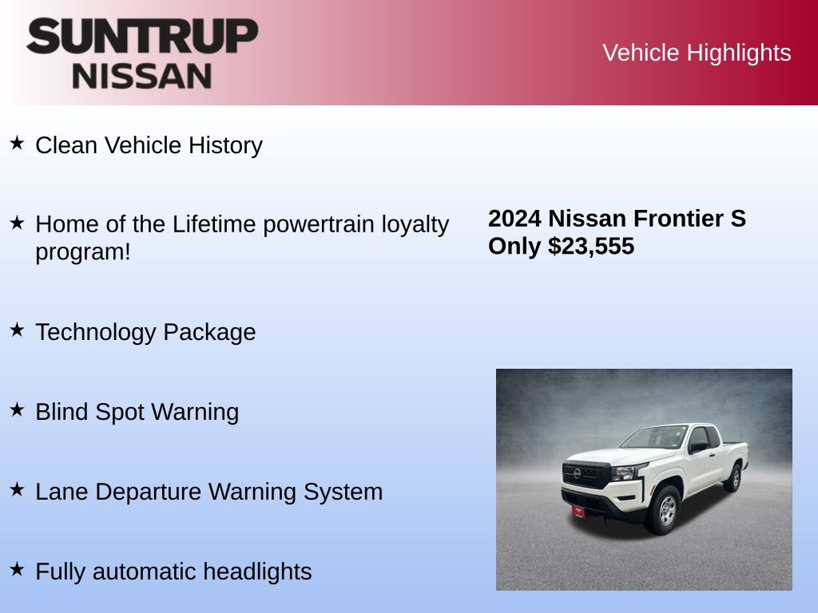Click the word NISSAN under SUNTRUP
point(142,76)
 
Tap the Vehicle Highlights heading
point(697,53)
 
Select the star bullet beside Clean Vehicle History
point(18,143)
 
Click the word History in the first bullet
point(225,145)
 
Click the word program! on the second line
point(83,252)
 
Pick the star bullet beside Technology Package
point(18,330)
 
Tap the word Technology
point(96,333)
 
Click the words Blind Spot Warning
point(137,412)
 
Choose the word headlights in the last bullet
point(257,571)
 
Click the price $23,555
point(591,247)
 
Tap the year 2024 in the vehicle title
point(514,219)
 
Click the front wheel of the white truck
point(664,510)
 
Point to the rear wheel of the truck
point(734,477)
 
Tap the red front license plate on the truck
point(578,512)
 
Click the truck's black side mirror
point(698,447)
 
